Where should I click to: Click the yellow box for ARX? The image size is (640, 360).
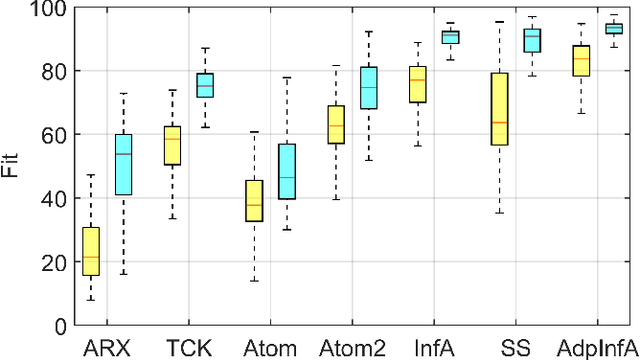[x=91, y=251]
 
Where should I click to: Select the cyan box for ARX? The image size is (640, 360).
[x=123, y=164]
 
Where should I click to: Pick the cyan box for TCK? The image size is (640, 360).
[x=204, y=85]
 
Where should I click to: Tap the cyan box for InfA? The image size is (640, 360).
[x=450, y=37]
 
